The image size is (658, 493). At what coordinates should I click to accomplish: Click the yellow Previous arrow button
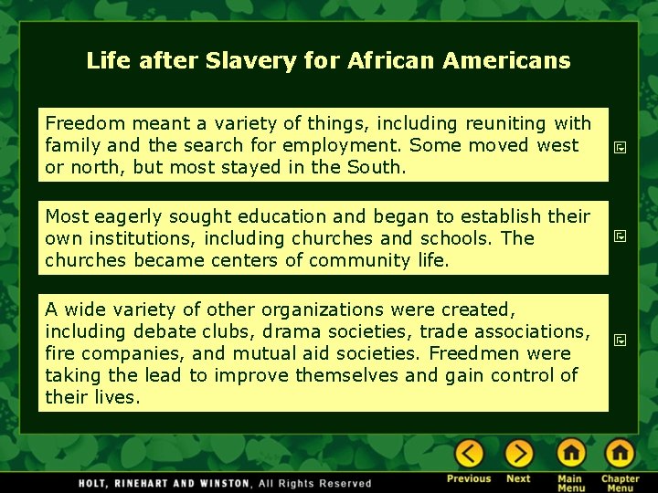click(x=469, y=453)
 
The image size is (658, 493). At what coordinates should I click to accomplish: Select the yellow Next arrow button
click(x=518, y=453)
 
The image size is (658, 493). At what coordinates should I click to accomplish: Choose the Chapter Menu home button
click(x=620, y=453)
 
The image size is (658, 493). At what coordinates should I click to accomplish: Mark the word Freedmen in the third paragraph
click(x=493, y=353)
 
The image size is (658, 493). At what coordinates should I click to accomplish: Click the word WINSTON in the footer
click(x=221, y=483)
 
